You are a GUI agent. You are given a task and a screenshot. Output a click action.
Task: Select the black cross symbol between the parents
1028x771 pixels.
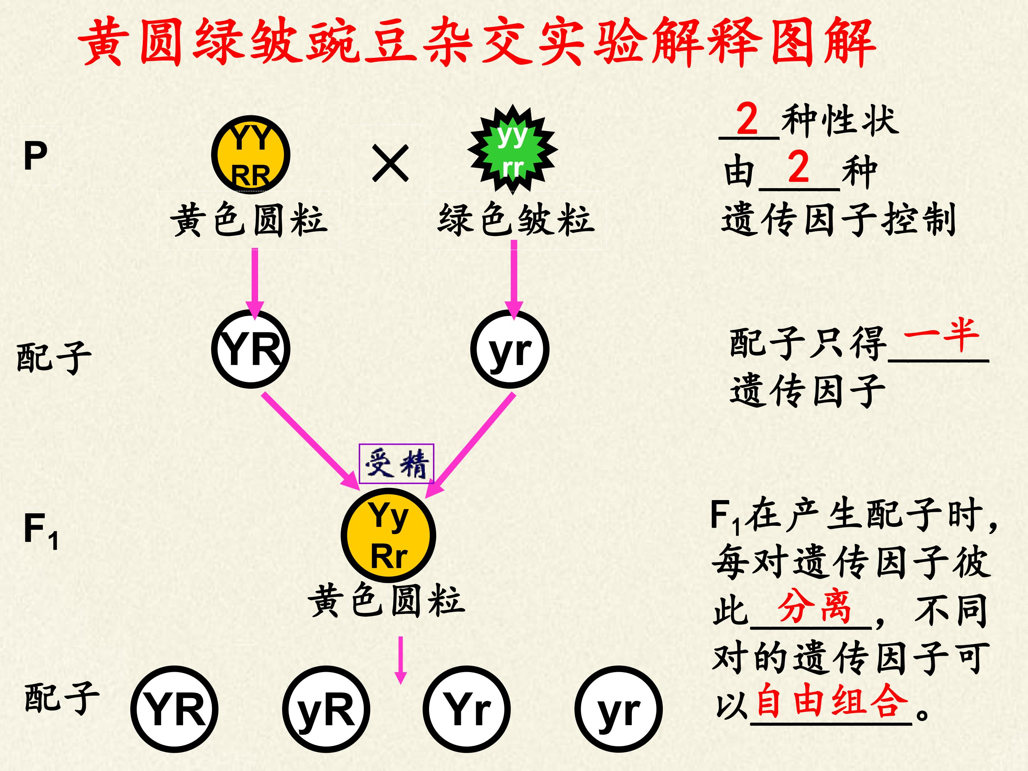[390, 163]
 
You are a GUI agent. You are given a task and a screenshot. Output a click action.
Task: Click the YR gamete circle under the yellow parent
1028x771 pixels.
[251, 349]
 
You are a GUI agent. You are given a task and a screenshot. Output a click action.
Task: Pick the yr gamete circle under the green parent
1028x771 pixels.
[510, 349]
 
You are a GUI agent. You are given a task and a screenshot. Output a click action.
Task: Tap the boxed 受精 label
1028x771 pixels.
[397, 463]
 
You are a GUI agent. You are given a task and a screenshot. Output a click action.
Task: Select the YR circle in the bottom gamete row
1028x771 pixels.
[175, 709]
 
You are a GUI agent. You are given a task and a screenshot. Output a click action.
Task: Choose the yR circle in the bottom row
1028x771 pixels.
[326, 709]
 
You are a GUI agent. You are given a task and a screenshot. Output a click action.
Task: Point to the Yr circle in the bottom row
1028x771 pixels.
[467, 709]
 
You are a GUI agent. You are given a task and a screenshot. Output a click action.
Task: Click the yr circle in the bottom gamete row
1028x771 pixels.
[618, 709]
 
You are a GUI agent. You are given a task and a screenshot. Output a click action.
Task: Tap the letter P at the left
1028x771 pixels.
[35, 156]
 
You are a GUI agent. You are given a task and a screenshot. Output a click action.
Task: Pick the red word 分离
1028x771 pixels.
[814, 606]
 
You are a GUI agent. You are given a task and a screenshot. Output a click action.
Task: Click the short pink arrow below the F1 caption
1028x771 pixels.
[400, 660]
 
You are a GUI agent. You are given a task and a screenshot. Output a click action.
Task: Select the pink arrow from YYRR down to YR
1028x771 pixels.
[255, 283]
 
